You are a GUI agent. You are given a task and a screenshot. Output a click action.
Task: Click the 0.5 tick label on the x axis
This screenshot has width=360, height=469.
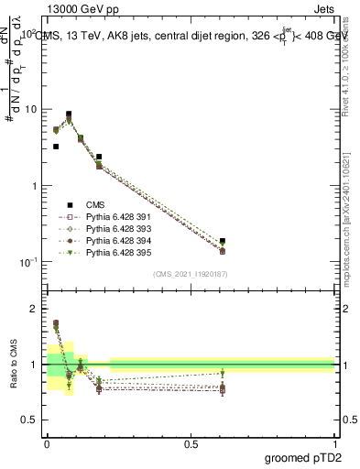click(x=191, y=443)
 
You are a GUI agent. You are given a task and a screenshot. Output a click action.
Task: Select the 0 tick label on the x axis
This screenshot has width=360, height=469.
click(x=47, y=443)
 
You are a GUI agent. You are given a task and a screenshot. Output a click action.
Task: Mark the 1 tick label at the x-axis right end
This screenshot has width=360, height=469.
click(x=335, y=443)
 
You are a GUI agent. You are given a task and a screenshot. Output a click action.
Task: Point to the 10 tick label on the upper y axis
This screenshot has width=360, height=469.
click(x=31, y=109)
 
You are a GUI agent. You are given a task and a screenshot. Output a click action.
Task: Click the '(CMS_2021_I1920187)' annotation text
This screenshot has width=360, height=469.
click(x=190, y=274)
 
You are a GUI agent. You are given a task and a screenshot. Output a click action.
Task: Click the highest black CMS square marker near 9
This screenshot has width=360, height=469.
click(x=69, y=115)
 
